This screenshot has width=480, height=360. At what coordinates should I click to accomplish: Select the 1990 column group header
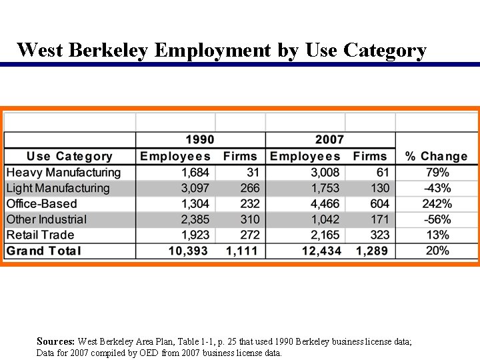(199, 140)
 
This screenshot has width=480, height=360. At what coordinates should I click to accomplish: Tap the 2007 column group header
(329, 140)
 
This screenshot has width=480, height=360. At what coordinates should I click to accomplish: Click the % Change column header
(437, 156)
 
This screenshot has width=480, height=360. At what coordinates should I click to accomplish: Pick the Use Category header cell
(69, 156)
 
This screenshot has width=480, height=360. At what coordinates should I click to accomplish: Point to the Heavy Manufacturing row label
(63, 173)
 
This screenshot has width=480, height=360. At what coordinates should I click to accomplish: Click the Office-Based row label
(41, 204)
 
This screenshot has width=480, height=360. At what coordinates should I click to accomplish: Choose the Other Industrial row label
(46, 219)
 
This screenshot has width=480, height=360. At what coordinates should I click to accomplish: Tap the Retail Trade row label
(40, 235)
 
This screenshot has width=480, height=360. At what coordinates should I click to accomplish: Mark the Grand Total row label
(43, 251)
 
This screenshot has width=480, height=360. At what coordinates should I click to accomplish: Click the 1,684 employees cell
(195, 173)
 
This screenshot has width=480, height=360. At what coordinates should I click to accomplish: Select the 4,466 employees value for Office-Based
(325, 204)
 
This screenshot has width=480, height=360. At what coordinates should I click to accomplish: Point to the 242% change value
(437, 204)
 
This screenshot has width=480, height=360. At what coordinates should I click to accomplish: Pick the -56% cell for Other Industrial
(437, 219)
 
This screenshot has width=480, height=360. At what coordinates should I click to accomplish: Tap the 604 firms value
(379, 204)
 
